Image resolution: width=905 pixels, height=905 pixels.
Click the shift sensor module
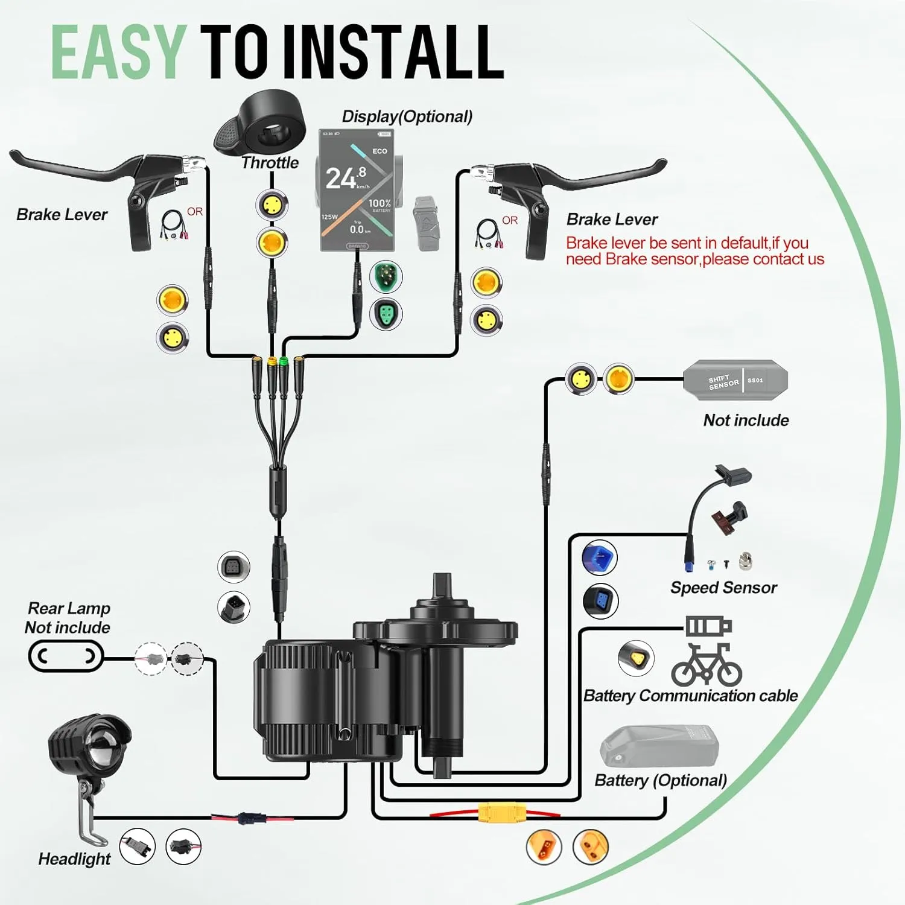pyautogui.click(x=735, y=380)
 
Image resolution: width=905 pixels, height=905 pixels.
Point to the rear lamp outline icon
pyautogui.click(x=66, y=656)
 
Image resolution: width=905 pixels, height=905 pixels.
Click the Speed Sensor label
pyautogui.click(x=723, y=587)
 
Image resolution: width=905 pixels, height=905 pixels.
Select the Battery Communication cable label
pyautogui.click(x=690, y=696)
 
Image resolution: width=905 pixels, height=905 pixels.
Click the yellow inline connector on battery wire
pyautogui.click(x=501, y=812)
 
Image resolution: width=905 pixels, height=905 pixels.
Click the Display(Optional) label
pyautogui.click(x=407, y=116)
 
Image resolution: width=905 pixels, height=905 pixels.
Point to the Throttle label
pyautogui.click(x=270, y=162)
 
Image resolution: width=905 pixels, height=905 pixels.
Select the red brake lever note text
pyautogui.click(x=694, y=251)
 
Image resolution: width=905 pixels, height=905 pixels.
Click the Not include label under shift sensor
pyautogui.click(x=746, y=420)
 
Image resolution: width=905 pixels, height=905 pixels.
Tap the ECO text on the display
pyautogui.click(x=379, y=151)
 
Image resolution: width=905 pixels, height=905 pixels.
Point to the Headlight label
pyautogui.click(x=74, y=859)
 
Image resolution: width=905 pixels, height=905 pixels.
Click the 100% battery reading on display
pyautogui.click(x=379, y=204)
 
